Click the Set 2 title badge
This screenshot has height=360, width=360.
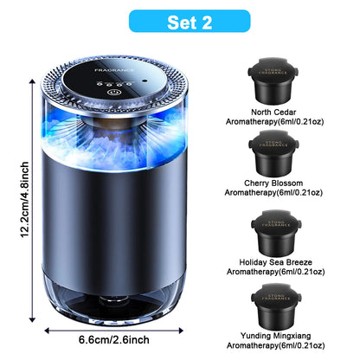point(179,21)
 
